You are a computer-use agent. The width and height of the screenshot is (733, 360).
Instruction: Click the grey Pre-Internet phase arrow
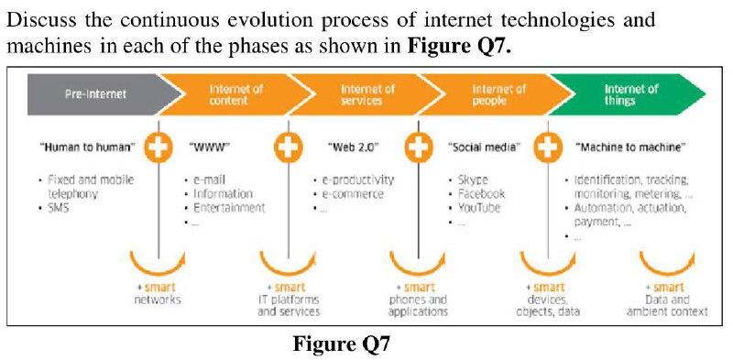92,93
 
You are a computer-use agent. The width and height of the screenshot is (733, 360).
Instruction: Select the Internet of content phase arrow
236,93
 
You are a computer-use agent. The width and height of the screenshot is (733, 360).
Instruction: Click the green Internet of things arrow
631,93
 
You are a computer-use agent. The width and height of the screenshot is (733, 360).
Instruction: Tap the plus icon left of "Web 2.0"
289,147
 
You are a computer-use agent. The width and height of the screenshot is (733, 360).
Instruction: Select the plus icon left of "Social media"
419,147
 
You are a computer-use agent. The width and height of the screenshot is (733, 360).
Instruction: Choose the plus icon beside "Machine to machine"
547,147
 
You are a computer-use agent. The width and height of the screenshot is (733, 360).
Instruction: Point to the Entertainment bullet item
229,207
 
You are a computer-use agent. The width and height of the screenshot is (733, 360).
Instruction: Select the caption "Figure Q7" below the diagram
341,344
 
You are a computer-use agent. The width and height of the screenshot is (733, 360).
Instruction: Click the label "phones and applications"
418,305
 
